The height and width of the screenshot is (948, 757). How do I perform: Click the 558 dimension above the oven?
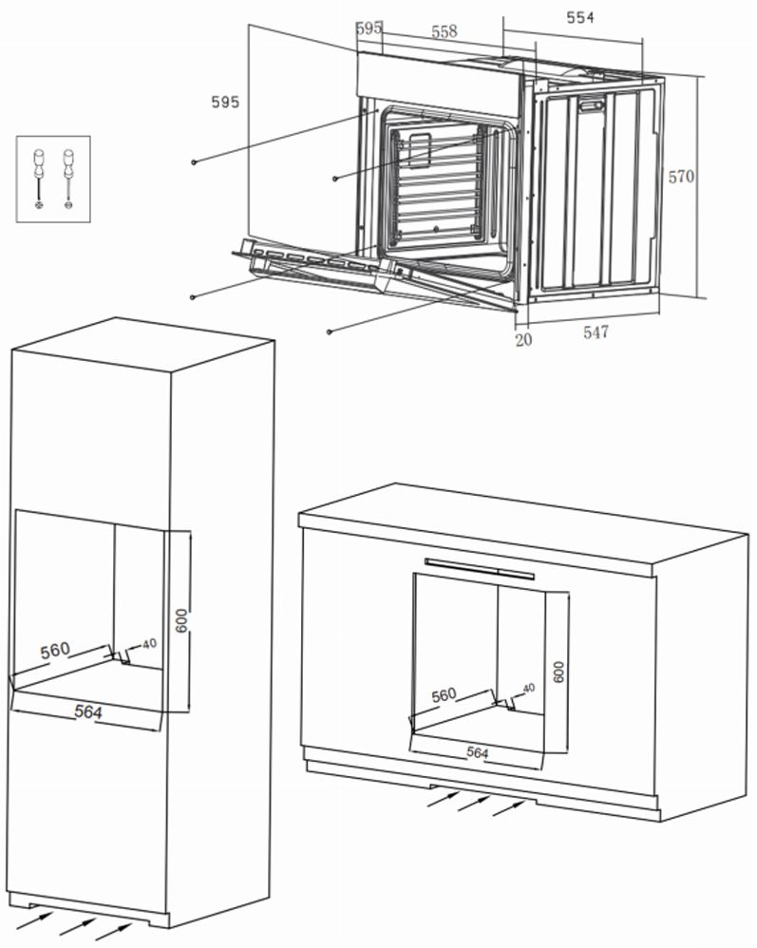[444, 30]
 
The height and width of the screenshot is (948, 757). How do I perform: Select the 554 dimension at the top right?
[580, 17]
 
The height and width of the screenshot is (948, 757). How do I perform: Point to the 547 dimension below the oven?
[596, 332]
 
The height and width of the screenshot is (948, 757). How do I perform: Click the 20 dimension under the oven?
[523, 338]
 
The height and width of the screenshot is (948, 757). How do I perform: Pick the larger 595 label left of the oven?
[225, 103]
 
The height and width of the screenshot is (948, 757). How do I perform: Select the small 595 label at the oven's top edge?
[369, 28]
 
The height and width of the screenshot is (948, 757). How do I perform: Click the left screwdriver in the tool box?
[39, 178]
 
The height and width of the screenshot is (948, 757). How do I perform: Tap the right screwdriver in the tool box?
[68, 178]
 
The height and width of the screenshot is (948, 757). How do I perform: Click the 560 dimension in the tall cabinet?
[55, 650]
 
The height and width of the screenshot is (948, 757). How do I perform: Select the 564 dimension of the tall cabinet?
[87, 711]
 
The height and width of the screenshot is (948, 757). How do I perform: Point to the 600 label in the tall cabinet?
[182, 620]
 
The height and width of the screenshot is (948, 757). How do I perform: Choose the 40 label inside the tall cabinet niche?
[149, 643]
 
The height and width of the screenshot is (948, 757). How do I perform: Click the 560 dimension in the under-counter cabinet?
[444, 695]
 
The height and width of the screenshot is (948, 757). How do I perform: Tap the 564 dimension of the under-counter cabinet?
[477, 751]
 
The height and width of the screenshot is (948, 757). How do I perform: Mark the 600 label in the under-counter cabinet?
[558, 672]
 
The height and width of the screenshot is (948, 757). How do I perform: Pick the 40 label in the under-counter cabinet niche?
[529, 687]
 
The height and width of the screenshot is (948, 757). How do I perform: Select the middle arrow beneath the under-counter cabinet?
[472, 803]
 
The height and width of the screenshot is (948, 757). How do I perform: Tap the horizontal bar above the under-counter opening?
[480, 568]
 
